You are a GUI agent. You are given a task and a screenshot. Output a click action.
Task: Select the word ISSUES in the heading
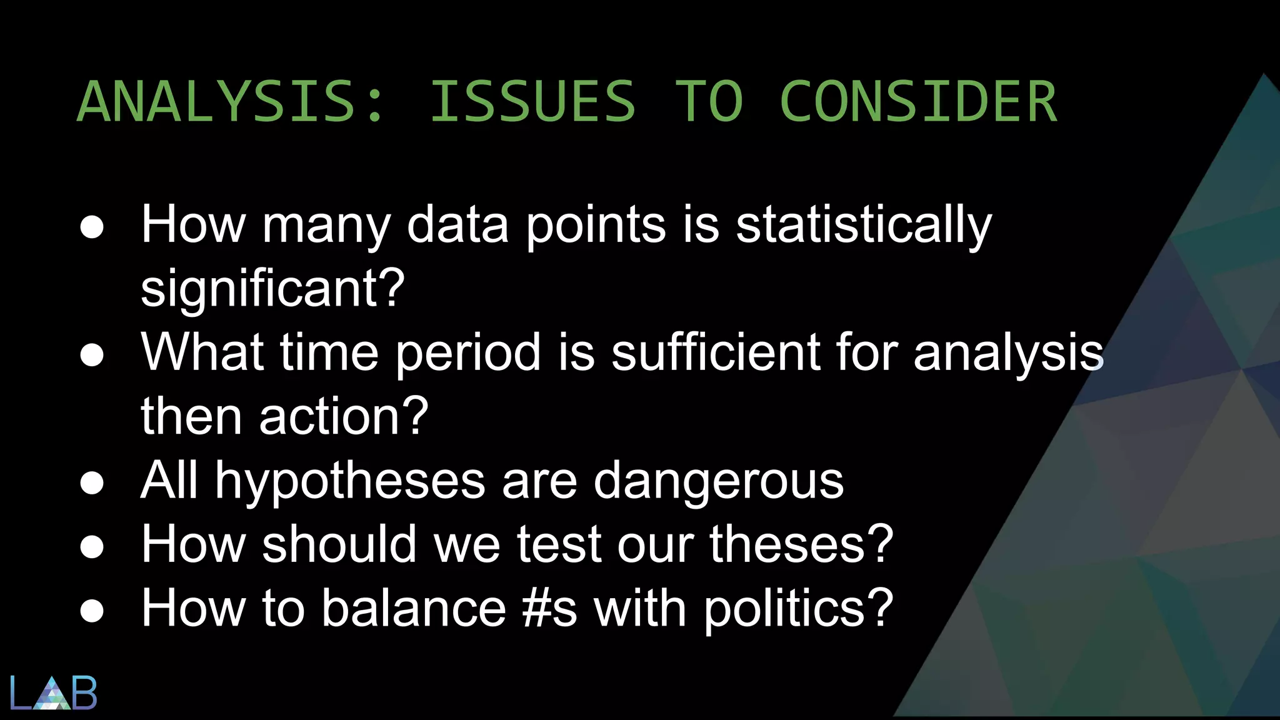(533, 101)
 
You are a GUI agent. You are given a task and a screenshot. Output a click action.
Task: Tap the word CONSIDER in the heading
(918, 101)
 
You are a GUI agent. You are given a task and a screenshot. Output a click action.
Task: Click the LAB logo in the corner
(54, 692)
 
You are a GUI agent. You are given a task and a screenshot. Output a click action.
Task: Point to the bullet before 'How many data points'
(92, 227)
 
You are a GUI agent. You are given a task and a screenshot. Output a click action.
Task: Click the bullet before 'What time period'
(92, 355)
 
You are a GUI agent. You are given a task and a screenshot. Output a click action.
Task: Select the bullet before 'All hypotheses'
(92, 482)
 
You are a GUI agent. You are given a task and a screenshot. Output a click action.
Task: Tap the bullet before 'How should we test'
(92, 546)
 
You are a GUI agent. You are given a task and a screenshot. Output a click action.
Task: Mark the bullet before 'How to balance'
(92, 611)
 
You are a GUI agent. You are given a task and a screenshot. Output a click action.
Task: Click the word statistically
(864, 225)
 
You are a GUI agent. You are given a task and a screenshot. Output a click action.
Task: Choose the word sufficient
(715, 352)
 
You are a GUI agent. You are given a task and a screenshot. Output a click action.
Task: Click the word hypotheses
(350, 481)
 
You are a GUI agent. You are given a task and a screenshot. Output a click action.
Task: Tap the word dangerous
(718, 481)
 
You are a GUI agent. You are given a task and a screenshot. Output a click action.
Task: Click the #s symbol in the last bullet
(549, 609)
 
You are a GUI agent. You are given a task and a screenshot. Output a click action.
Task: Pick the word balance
(413, 609)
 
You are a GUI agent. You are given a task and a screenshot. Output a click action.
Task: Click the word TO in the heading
(709, 101)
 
